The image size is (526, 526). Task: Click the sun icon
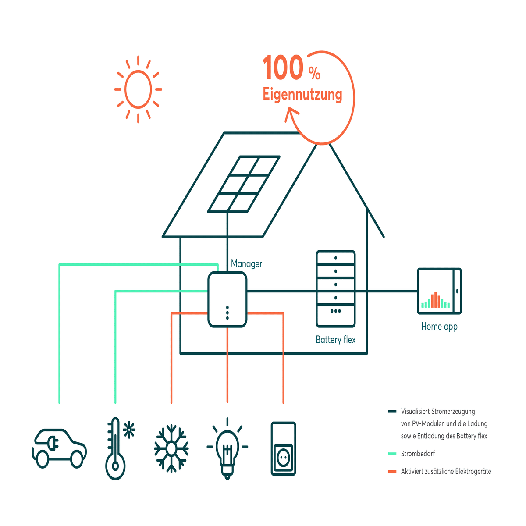(x=138, y=89)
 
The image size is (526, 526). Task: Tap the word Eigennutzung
(x=302, y=94)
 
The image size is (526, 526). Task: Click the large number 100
(x=283, y=67)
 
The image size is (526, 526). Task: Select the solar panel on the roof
(x=244, y=184)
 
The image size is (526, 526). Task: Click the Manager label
(x=246, y=264)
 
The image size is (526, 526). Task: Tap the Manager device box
(x=227, y=299)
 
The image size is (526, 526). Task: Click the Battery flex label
(x=336, y=340)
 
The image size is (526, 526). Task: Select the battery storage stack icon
(x=336, y=289)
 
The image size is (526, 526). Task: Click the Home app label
(x=439, y=327)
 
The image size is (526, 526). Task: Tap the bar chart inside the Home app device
(x=435, y=300)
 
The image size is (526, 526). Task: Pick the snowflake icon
(x=171, y=448)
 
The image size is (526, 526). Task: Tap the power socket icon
(x=283, y=448)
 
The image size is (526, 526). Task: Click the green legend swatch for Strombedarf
(x=392, y=454)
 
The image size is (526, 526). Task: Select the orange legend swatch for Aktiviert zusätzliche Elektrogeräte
(x=392, y=471)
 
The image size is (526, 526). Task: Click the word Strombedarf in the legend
(x=418, y=454)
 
